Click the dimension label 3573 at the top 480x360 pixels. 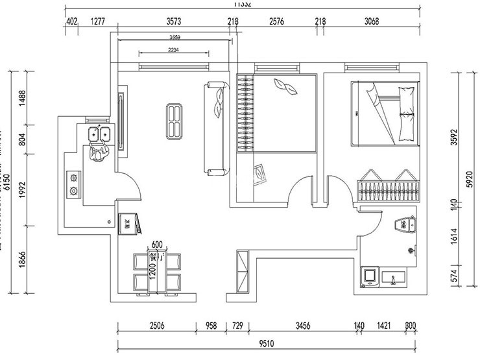(173, 21)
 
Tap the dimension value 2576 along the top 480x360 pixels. (276, 21)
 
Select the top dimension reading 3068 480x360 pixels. (371, 21)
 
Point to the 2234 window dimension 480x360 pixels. (174, 49)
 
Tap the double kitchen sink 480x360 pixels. (99, 134)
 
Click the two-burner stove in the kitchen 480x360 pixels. (73, 183)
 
